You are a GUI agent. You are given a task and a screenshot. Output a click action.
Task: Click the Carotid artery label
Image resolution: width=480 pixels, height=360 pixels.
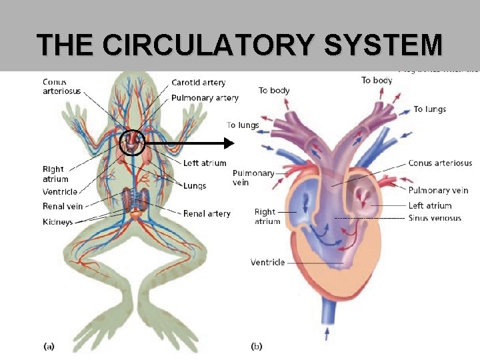tap(198, 83)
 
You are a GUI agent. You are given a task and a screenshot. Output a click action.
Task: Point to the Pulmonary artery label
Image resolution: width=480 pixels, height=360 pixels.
tap(205, 97)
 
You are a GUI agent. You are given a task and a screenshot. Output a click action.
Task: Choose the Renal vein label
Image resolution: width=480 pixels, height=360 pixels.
tap(63, 206)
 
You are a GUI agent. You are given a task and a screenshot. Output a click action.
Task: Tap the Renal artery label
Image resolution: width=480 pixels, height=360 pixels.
tap(207, 213)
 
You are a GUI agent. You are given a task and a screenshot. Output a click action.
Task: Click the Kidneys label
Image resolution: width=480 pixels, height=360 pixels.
tap(58, 221)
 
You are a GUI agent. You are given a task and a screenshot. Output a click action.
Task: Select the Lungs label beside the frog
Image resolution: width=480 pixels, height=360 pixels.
tap(195, 185)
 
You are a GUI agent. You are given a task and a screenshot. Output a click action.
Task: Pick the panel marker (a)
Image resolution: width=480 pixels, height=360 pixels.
tap(49, 346)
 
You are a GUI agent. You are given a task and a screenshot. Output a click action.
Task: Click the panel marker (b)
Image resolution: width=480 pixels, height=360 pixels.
tap(257, 346)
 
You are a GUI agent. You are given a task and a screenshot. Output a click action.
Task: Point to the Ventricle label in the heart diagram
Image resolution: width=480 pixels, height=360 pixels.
tap(267, 262)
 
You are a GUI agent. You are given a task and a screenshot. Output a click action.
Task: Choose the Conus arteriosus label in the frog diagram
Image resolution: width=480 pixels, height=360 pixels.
tap(61, 87)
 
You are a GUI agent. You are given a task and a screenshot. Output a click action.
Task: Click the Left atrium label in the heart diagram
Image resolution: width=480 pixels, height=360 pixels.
tap(429, 205)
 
